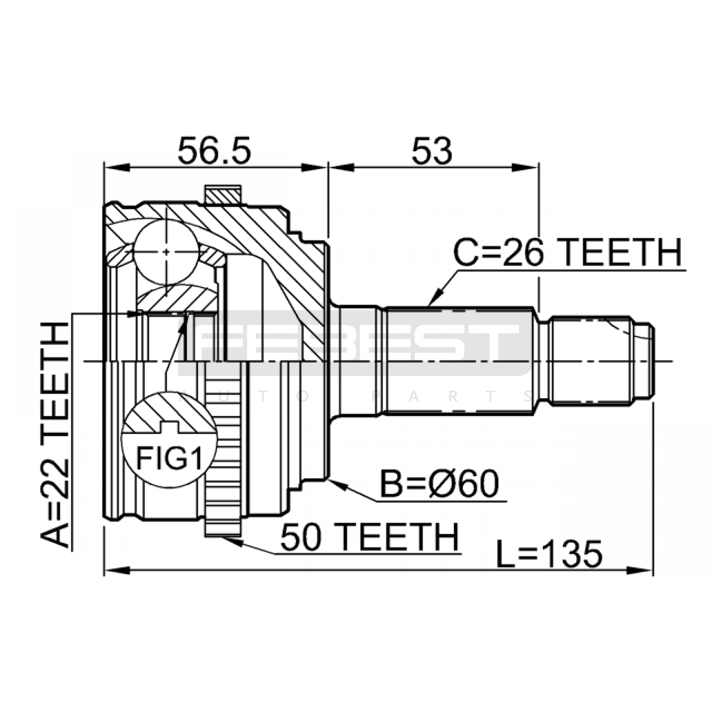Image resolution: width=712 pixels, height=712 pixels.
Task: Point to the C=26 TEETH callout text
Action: [567, 252]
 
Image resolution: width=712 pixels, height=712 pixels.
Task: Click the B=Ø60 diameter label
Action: [439, 485]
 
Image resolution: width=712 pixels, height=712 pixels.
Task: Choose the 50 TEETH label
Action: [369, 537]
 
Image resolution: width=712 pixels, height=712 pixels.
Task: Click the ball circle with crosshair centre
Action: [166, 252]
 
